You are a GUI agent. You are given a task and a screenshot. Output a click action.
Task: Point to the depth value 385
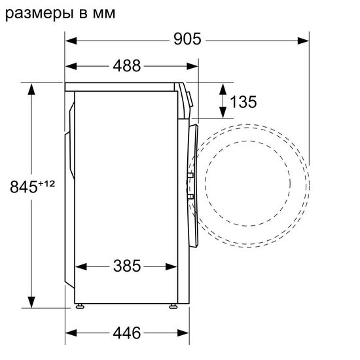point(128,266)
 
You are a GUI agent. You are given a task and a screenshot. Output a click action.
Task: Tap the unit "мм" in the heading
point(103,13)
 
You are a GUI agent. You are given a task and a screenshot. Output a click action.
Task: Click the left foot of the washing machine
point(80,306)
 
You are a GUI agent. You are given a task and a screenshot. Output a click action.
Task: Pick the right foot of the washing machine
point(173,306)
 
